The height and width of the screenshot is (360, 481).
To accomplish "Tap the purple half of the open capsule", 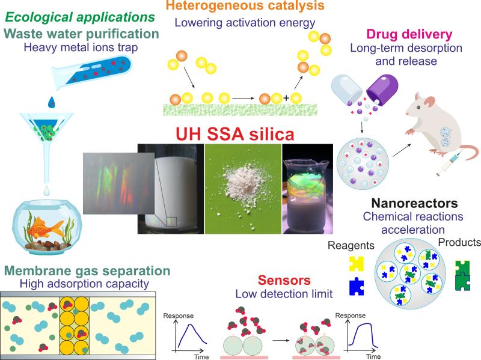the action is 382,89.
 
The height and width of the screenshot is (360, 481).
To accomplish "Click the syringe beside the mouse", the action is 448,164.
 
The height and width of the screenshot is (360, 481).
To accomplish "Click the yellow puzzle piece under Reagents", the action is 356,264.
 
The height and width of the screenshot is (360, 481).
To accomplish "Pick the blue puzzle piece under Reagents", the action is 357,287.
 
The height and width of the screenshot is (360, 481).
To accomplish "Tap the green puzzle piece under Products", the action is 462,275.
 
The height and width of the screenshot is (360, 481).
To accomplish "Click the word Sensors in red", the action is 284,280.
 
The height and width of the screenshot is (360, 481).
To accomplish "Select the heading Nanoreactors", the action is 414,203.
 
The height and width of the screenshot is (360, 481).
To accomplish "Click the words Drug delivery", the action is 409,34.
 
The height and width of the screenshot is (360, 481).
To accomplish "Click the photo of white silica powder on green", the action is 243,189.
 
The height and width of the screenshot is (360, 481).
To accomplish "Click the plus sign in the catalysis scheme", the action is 286,98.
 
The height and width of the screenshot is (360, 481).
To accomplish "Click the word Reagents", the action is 351,245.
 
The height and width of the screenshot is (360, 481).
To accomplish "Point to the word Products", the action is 459,242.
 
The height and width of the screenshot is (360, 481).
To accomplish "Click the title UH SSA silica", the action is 235,134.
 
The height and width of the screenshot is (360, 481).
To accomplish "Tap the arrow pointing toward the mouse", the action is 402,150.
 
